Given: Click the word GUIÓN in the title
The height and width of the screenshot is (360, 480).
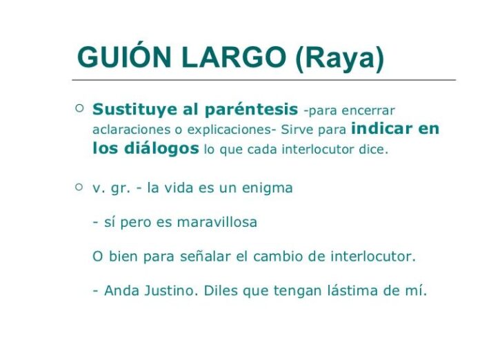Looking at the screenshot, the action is [124, 57].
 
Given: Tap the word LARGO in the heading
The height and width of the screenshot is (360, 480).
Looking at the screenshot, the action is [234, 57].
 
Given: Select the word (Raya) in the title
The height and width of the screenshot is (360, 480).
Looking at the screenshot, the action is [339, 59].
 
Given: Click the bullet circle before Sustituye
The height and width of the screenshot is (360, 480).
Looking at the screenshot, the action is [79, 108].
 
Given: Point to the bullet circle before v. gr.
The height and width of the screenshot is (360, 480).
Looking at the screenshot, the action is [79, 187].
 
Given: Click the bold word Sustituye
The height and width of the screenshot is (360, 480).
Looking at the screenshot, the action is [135, 110].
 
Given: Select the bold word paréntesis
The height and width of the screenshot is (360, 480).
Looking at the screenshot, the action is [251, 110].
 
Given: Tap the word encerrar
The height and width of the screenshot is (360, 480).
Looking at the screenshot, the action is [368, 110].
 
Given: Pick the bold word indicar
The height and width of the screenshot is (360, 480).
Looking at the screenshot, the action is [381, 128].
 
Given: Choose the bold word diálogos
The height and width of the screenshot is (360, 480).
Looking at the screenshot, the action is [161, 149].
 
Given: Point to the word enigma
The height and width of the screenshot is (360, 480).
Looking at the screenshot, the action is [268, 188].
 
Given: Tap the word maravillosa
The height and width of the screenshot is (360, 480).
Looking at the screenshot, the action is [217, 222].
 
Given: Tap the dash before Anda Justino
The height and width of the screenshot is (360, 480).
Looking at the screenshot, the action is [95, 292].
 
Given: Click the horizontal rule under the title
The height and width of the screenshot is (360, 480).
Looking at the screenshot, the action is [264, 80].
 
